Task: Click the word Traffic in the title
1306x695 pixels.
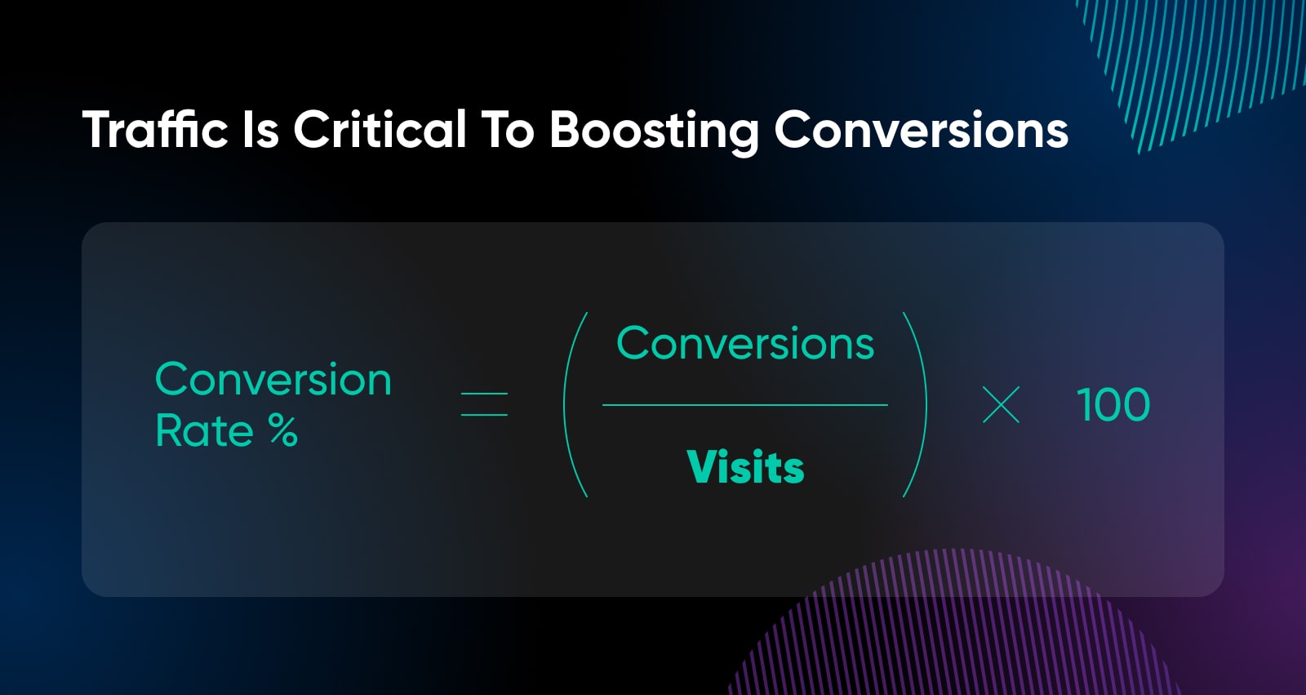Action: tap(155, 129)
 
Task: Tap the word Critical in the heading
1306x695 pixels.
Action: tap(380, 129)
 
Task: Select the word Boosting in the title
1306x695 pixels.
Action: tap(654, 133)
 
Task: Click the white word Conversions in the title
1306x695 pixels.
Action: tap(922, 130)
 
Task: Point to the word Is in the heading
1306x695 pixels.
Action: tap(260, 130)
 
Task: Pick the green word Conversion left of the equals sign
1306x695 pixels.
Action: tap(273, 379)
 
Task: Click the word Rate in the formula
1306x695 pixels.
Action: tap(205, 430)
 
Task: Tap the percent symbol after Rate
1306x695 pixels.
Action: tap(283, 430)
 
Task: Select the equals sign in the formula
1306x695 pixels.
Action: tap(484, 404)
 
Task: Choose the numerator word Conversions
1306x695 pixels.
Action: tap(745, 343)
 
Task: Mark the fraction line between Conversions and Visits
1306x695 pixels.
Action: tap(745, 404)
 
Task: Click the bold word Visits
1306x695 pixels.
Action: tap(746, 467)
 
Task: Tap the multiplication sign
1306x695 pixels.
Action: tap(1001, 404)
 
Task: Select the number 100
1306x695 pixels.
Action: tap(1113, 404)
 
